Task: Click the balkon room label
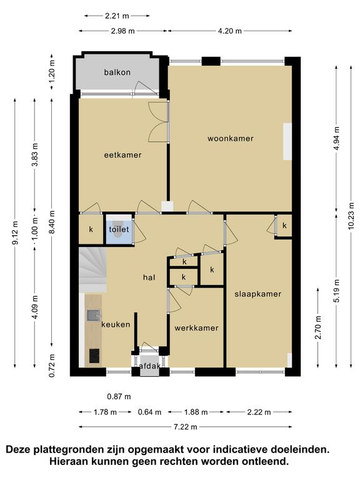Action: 117,72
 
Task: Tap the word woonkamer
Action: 231,139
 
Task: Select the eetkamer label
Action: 122,155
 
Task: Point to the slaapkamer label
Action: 257,294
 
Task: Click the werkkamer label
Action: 196,328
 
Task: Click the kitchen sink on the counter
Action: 93,315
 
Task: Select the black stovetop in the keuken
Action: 94,356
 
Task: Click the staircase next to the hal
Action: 92,270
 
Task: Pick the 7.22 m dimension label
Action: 186,427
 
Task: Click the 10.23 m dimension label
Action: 351,216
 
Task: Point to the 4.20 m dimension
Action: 230,31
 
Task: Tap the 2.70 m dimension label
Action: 318,327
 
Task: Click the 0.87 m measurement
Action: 119,397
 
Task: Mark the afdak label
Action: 150,366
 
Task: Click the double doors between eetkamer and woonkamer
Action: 159,122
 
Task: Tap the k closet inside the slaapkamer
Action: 284,226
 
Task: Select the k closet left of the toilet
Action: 91,229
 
